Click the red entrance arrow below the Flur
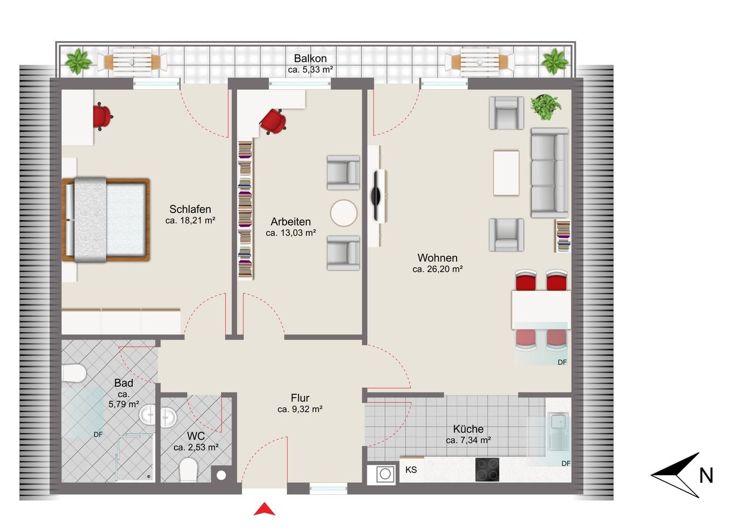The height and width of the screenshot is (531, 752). (x=264, y=510)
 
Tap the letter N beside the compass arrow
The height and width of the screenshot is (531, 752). (x=706, y=475)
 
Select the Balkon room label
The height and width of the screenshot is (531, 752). (x=310, y=58)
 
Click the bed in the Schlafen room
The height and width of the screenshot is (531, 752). (x=106, y=219)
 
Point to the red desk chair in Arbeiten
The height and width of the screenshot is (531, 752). (x=273, y=121)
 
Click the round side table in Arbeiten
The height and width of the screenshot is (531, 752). (x=344, y=213)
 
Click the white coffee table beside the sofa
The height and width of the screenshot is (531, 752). (x=506, y=173)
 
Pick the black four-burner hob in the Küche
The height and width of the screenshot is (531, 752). (x=487, y=469)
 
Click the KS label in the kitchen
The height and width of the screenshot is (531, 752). (x=411, y=469)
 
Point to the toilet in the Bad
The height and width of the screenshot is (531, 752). (x=74, y=373)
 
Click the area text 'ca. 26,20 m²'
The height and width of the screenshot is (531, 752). (x=438, y=269)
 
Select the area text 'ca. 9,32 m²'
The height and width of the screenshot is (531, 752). (x=300, y=409)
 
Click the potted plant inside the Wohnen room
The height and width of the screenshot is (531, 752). (x=546, y=107)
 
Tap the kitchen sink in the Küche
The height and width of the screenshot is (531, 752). (x=558, y=432)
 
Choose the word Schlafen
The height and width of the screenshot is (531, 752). (x=190, y=209)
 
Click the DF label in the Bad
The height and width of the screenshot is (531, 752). (x=98, y=434)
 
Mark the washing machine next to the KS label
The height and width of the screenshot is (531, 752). (x=382, y=474)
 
